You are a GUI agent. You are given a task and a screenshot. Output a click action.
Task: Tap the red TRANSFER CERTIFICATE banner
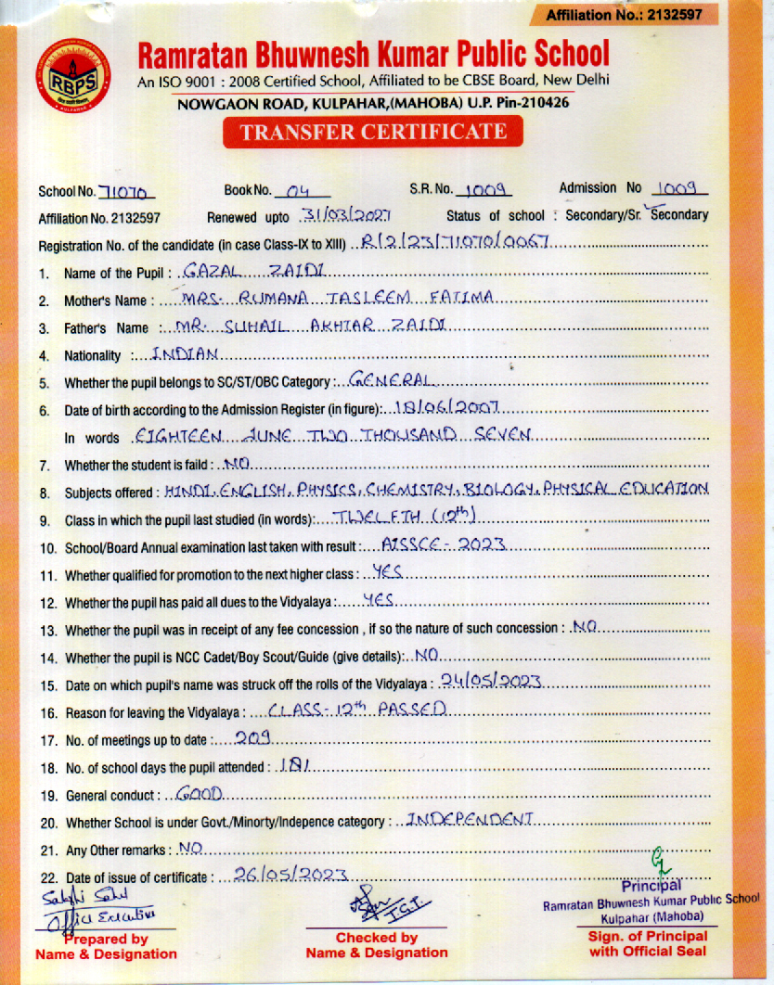pyautogui.click(x=373, y=132)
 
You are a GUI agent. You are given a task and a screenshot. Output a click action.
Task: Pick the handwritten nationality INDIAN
pyautogui.click(x=185, y=353)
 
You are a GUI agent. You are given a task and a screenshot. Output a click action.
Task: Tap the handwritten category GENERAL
pyautogui.click(x=389, y=380)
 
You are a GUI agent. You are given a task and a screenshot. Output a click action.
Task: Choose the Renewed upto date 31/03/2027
pyautogui.click(x=332, y=215)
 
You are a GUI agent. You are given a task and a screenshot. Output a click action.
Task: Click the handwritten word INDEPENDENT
pyautogui.click(x=471, y=820)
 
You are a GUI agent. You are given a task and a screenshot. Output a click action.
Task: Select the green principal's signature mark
pyautogui.click(x=660, y=857)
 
